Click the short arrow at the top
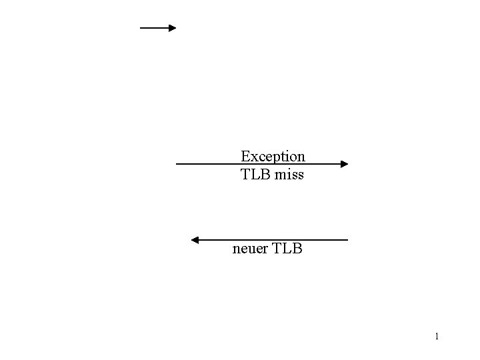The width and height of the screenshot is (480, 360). point(157,28)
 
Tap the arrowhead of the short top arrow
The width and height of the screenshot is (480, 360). point(172,28)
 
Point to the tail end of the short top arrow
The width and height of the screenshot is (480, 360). point(141,28)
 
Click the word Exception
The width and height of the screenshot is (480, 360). point(273,157)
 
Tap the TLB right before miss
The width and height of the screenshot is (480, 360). point(255,175)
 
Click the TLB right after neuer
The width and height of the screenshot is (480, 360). point(288,250)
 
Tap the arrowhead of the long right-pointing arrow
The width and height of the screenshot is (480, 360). point(344,163)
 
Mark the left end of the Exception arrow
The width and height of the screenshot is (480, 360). point(177,163)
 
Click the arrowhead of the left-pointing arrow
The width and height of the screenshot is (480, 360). point(195,239)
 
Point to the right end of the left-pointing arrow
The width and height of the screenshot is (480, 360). point(347,239)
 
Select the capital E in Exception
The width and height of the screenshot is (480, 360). point(245,157)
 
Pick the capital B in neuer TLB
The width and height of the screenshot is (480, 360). point(297,250)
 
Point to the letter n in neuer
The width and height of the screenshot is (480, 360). point(236,251)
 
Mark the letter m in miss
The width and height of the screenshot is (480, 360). point(279,175)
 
